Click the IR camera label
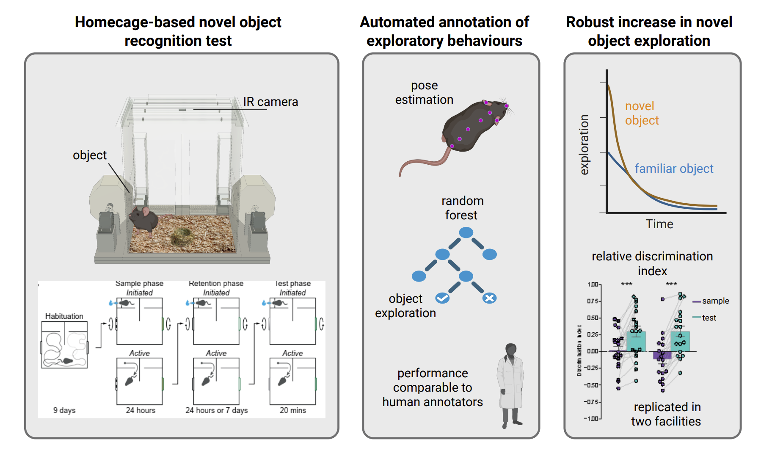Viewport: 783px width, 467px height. [270, 102]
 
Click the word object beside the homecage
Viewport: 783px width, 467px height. [90, 155]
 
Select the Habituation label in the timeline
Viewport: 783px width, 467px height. [64, 316]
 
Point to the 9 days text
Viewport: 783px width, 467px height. [64, 410]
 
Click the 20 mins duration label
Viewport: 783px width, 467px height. [292, 410]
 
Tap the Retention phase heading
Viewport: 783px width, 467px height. [216, 283]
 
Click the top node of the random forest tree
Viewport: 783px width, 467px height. [466, 232]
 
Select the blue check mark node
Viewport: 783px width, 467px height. [442, 298]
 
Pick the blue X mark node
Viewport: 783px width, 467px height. [490, 298]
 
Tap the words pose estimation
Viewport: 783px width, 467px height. [424, 92]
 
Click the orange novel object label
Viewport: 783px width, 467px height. [642, 113]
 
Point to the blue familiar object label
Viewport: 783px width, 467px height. [674, 169]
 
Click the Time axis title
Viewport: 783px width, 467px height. [659, 224]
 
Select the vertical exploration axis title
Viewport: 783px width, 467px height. [584, 145]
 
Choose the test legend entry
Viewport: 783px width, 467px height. [709, 318]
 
